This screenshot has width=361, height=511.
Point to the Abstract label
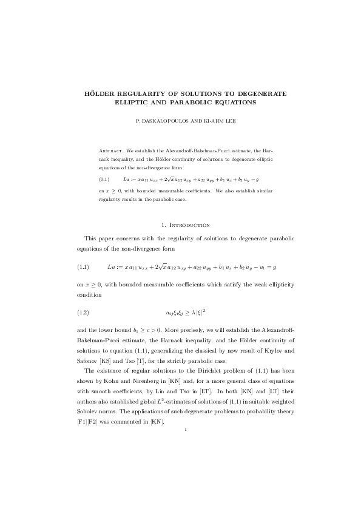click(x=111, y=150)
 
